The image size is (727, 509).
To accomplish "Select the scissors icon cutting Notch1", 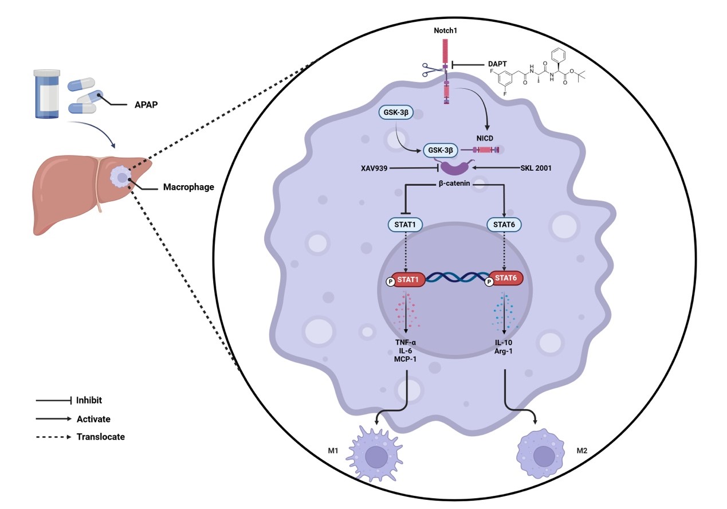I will (x=431, y=71).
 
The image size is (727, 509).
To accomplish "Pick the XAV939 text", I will (x=372, y=168).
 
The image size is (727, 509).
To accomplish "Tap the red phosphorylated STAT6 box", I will (x=504, y=281).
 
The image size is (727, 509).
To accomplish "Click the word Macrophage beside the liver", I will (x=189, y=186).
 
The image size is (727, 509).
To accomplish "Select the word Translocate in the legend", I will (x=101, y=437).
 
